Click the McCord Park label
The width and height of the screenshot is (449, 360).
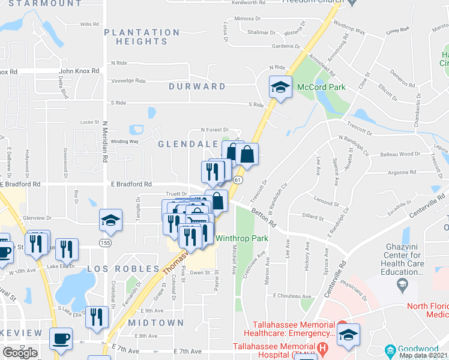[321, 88]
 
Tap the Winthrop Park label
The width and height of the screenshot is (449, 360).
[241, 238]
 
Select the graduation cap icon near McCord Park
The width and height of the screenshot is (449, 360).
[280, 88]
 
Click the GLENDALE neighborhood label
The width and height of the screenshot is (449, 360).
[187, 145]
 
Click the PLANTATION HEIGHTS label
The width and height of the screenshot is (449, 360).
[142, 37]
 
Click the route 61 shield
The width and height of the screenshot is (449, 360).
[238, 180]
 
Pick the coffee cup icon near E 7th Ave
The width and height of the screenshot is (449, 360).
[61, 339]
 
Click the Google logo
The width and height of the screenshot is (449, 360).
[20, 353]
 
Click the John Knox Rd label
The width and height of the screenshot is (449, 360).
[79, 71]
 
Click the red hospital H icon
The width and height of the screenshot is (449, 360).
[324, 347]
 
